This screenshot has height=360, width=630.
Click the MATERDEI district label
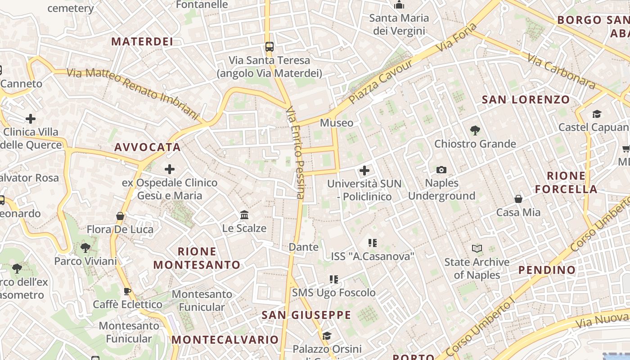coord(142,42)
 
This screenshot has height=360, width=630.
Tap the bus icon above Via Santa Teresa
coord(269,46)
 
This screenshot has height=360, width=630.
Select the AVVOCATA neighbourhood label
coord(148,147)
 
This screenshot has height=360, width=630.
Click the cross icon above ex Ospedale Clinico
coord(170,169)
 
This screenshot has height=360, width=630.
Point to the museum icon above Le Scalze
coord(244,215)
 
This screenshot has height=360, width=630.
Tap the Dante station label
coord(303,247)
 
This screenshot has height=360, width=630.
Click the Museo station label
coord(337,123)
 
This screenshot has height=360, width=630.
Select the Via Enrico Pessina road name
coord(296,153)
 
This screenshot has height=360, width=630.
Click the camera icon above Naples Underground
coord(441,170)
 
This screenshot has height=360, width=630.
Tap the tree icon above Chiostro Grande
coord(475,130)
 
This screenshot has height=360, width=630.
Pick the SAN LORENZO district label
coord(526,99)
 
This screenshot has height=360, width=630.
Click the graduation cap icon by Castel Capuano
coord(597,114)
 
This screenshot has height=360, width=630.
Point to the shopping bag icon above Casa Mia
coord(518,199)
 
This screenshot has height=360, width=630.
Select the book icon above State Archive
coord(477,248)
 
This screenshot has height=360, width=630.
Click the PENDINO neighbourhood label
coord(547,270)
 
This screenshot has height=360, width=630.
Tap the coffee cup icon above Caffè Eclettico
coord(127,291)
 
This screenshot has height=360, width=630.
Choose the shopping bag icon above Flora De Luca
coord(120,216)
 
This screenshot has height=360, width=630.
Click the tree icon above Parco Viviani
coord(85,247)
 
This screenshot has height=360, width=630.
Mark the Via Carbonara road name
coord(562,71)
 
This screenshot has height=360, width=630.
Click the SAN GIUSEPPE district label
coord(306,315)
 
